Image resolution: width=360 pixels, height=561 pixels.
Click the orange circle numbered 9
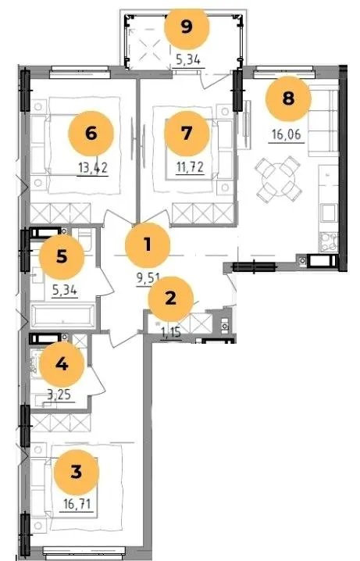tap(187, 27)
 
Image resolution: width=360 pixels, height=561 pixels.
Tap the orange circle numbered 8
tap(288, 98)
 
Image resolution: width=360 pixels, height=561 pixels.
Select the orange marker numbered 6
tap(91, 133)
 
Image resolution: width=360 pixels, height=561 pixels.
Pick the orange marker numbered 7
tap(187, 133)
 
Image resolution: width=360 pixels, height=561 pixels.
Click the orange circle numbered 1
tap(148, 245)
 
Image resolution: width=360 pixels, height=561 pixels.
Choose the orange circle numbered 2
tap(170, 298)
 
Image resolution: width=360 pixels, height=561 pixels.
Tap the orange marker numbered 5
tap(62, 256)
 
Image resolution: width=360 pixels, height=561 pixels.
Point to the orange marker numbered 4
tap(62, 364)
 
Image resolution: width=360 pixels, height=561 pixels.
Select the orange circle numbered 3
tap(77, 472)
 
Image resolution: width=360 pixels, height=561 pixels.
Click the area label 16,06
tap(287, 135)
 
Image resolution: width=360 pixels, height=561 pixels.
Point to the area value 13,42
tap(93, 167)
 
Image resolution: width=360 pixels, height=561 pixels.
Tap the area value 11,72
tap(190, 167)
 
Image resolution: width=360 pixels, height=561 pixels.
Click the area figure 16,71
tap(77, 505)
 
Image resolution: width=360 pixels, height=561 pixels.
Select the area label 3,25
tap(59, 395)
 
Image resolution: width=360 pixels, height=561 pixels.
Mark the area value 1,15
tap(171, 333)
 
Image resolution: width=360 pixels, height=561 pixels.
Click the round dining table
tap(279, 178)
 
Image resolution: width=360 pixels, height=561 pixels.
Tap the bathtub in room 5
tap(63, 316)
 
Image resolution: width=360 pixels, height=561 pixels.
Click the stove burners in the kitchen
tap(328, 242)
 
